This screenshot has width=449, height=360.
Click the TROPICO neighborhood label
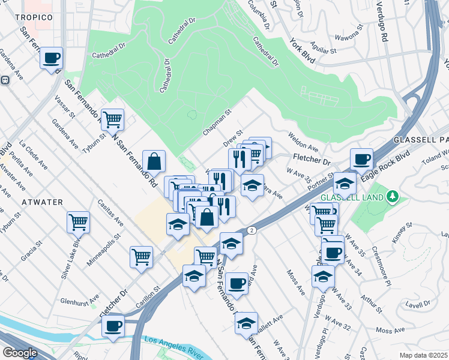click(34, 17)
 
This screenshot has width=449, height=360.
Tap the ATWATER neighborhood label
click(41, 202)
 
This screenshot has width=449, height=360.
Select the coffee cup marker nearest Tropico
click(52, 58)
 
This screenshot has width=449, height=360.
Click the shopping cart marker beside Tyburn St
click(112, 120)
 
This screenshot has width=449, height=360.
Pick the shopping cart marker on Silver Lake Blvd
click(78, 223)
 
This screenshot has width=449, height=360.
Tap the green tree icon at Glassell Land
click(393, 196)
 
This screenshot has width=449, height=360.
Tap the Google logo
click(19, 352)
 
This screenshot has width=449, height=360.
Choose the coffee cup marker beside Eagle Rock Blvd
click(361, 160)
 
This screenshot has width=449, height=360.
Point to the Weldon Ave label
click(303, 142)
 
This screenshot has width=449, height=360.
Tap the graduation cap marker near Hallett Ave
click(246, 323)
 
